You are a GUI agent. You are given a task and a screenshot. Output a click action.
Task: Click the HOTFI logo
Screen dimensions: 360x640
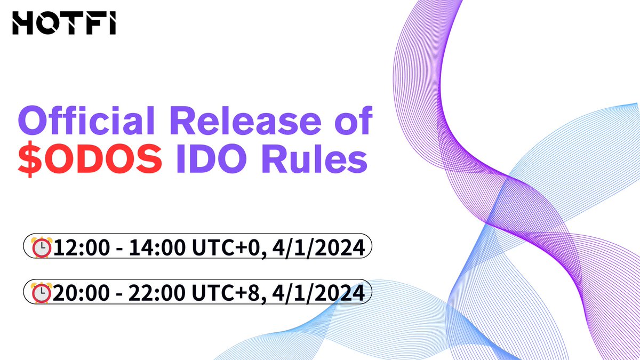coord(64,24)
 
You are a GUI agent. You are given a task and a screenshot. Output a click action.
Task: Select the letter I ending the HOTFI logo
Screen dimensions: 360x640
coord(113,24)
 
